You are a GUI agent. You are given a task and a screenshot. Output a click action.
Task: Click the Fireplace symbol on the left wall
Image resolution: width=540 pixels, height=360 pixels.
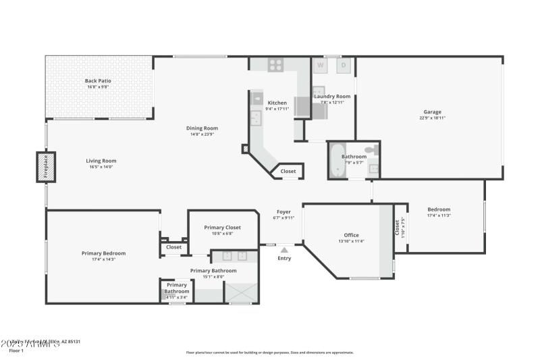45,167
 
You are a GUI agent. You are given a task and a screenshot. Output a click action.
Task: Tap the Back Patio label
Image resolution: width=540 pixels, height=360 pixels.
99,80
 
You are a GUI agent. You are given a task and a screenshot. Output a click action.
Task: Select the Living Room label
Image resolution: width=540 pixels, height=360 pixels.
101,161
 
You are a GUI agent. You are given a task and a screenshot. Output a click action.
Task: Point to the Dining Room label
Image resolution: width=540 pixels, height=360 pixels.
202,128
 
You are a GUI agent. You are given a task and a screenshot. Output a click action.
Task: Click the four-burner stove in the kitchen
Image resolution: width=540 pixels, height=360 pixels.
276,65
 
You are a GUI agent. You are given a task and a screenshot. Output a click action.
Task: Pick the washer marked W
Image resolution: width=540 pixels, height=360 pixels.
321,66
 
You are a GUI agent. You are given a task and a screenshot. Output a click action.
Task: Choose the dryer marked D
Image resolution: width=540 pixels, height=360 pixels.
343,66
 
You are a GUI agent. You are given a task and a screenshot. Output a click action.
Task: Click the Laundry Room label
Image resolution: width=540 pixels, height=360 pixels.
332,97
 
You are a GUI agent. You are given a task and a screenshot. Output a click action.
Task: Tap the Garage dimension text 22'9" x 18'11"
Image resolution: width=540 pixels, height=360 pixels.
432,118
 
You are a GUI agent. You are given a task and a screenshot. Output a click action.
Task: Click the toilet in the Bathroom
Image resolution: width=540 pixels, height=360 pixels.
371,150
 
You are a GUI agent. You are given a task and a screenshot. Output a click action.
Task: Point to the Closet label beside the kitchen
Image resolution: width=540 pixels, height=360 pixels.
288,172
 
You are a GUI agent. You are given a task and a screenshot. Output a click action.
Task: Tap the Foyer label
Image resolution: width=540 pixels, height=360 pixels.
283,211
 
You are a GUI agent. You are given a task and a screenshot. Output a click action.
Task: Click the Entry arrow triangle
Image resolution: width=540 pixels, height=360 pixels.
284,250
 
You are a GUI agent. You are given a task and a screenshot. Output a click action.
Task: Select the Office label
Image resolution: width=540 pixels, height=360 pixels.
351,235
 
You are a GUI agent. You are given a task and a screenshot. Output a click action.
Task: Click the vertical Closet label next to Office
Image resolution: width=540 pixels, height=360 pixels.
397,228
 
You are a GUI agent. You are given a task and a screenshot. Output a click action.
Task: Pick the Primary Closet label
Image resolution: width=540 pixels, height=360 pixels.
222,228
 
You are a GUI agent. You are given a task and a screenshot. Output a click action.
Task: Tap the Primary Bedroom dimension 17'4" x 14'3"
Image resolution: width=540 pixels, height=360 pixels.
103,259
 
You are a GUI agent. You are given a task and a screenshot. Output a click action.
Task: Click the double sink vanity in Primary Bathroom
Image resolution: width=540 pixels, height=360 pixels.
234,256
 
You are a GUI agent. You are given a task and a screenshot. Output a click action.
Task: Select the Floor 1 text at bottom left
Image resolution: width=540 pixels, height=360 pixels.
16,351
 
